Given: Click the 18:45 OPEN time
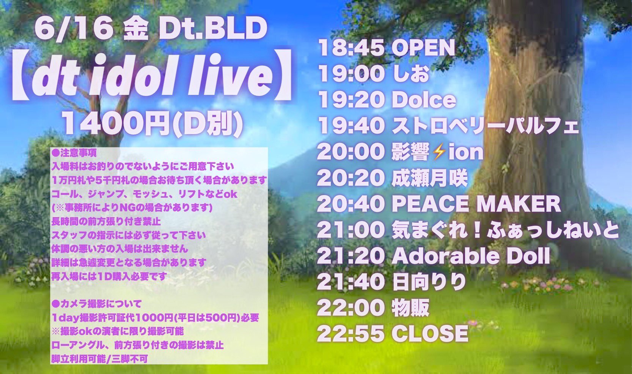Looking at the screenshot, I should click(x=349, y=48).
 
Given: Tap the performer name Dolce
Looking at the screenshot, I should click(x=423, y=100).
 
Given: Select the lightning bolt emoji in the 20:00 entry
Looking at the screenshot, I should click(x=439, y=152).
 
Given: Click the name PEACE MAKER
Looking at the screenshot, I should click(x=476, y=204).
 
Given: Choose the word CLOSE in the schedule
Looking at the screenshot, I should click(x=429, y=333).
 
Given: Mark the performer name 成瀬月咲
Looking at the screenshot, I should click(x=429, y=178).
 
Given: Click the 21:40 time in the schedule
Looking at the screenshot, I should click(x=349, y=282).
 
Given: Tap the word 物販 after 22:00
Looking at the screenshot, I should click(x=410, y=307).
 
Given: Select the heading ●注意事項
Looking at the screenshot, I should click(x=74, y=153).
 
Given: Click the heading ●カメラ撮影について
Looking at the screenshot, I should click(x=96, y=304).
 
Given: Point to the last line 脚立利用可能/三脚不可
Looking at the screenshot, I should click(x=99, y=358).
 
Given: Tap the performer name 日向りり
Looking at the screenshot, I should click(x=429, y=282).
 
